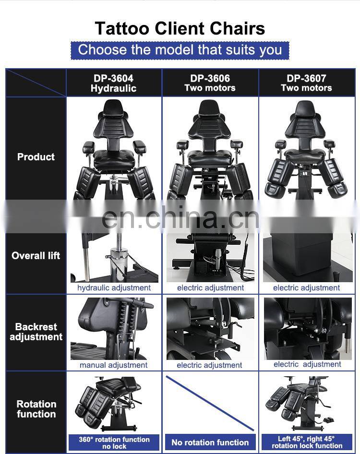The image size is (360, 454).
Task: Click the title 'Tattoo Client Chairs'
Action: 180,28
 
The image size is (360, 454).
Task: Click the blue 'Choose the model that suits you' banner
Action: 180,50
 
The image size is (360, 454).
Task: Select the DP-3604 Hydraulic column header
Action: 114,83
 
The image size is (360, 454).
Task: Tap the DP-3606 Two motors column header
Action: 210,83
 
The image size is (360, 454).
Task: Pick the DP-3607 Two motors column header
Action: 306,83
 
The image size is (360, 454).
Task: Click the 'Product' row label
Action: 36,156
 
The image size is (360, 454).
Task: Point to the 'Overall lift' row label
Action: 36,255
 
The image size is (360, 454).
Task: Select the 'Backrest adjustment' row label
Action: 36,332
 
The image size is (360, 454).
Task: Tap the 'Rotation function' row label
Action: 36,409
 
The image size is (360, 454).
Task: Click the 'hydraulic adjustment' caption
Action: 114,288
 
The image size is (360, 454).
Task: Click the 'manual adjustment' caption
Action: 114,365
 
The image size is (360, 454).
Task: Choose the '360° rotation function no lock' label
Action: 114,442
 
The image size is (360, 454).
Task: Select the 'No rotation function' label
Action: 210,442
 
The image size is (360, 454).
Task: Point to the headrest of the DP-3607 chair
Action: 305,109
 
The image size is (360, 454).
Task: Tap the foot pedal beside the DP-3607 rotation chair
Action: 327,420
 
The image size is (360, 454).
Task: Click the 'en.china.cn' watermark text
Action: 180,217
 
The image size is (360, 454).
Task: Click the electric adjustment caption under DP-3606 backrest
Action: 209,365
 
